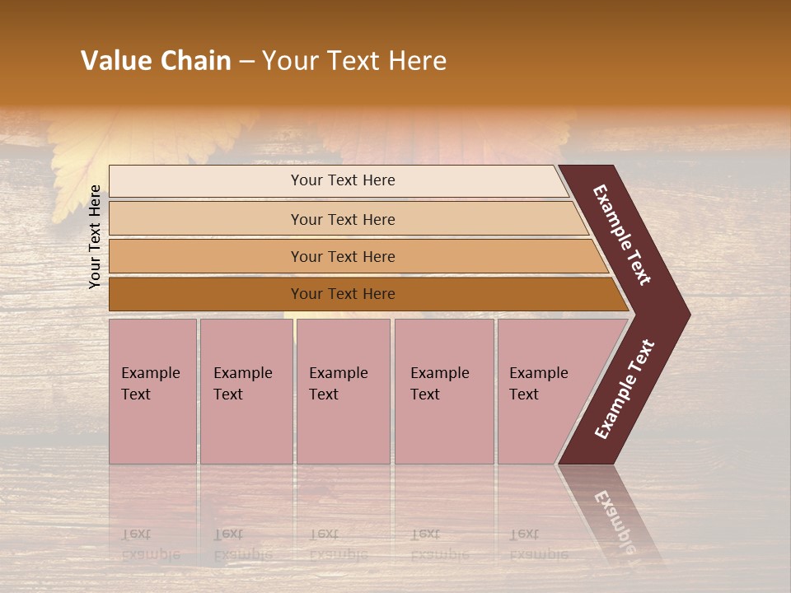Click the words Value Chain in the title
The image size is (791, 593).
coord(156,61)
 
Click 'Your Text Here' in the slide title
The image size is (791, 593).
coord(354,61)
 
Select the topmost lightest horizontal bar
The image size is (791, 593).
coord(206,181)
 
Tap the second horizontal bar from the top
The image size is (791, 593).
coord(206,219)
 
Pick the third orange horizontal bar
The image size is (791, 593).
coord(206,256)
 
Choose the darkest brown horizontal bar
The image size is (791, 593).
coord(206,294)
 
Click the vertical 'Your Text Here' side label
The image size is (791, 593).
coord(95,236)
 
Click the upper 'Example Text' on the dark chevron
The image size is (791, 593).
coord(622,235)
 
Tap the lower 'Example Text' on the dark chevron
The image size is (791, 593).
coord(624,390)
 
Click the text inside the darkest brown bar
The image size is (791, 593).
coord(343,294)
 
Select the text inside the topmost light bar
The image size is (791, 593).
coord(343,180)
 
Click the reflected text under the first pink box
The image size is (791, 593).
coord(150,544)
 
